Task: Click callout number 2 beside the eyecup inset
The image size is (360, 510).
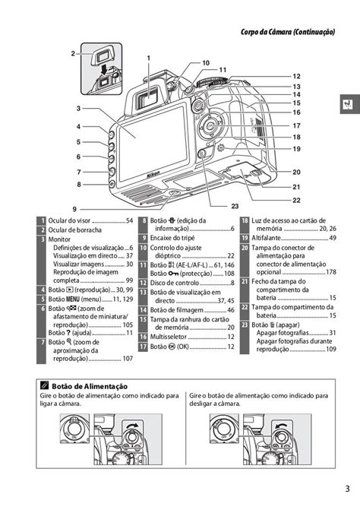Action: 74,53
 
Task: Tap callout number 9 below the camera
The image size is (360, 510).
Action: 74,208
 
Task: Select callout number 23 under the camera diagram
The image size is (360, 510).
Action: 235,205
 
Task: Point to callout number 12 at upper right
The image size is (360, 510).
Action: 296,77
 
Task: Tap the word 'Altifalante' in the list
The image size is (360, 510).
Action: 271,239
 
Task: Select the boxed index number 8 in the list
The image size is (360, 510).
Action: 144,221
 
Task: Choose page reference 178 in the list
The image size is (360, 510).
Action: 330,272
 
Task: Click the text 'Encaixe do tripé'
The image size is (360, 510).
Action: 177,239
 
